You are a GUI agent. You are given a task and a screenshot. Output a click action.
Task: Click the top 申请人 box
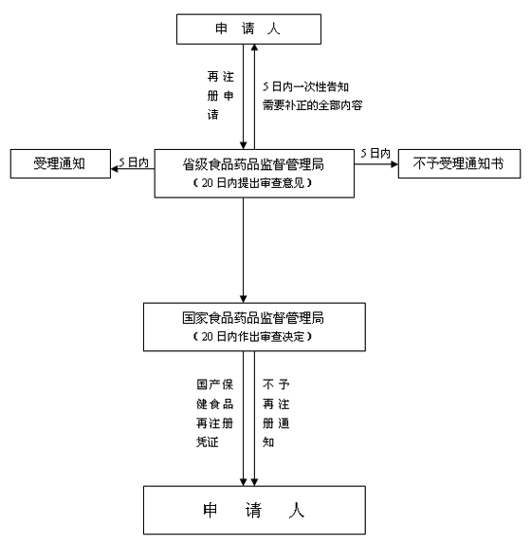tap(248, 29)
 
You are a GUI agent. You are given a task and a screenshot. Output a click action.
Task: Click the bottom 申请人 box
tap(254, 510)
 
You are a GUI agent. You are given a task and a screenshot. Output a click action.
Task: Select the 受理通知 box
tap(61, 163)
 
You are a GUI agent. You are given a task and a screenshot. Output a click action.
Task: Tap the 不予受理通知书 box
tap(459, 163)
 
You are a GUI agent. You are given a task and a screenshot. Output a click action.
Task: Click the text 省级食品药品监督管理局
tap(253, 164)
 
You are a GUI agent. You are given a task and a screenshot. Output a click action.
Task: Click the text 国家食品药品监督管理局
tap(253, 318)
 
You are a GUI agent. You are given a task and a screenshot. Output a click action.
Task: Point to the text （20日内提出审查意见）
tap(252, 183)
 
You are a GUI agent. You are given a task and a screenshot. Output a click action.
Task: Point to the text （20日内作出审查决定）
tap(252, 336)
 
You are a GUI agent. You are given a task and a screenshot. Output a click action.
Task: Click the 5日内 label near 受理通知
tap(134, 162)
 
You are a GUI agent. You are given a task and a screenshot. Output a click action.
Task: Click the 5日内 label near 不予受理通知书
tap(375, 153)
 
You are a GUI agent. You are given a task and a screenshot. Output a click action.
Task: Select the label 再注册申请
tap(220, 95)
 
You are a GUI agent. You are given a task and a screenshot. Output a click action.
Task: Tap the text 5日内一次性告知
tap(305, 86)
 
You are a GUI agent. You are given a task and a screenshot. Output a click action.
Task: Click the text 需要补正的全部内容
tap(312, 105)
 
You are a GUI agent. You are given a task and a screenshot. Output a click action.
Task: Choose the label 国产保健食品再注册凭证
tap(214, 413)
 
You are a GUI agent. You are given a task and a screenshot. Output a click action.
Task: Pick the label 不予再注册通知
tap(276, 413)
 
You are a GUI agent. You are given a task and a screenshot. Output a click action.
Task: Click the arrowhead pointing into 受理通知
tap(115, 169)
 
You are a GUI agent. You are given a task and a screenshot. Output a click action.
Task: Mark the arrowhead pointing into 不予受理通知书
tap(394, 164)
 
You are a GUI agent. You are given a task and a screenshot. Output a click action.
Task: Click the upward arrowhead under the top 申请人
tap(254, 47)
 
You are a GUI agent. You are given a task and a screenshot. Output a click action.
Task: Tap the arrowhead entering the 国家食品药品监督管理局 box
tap(244, 299)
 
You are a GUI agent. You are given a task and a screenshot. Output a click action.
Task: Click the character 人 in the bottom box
tap(297, 511)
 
